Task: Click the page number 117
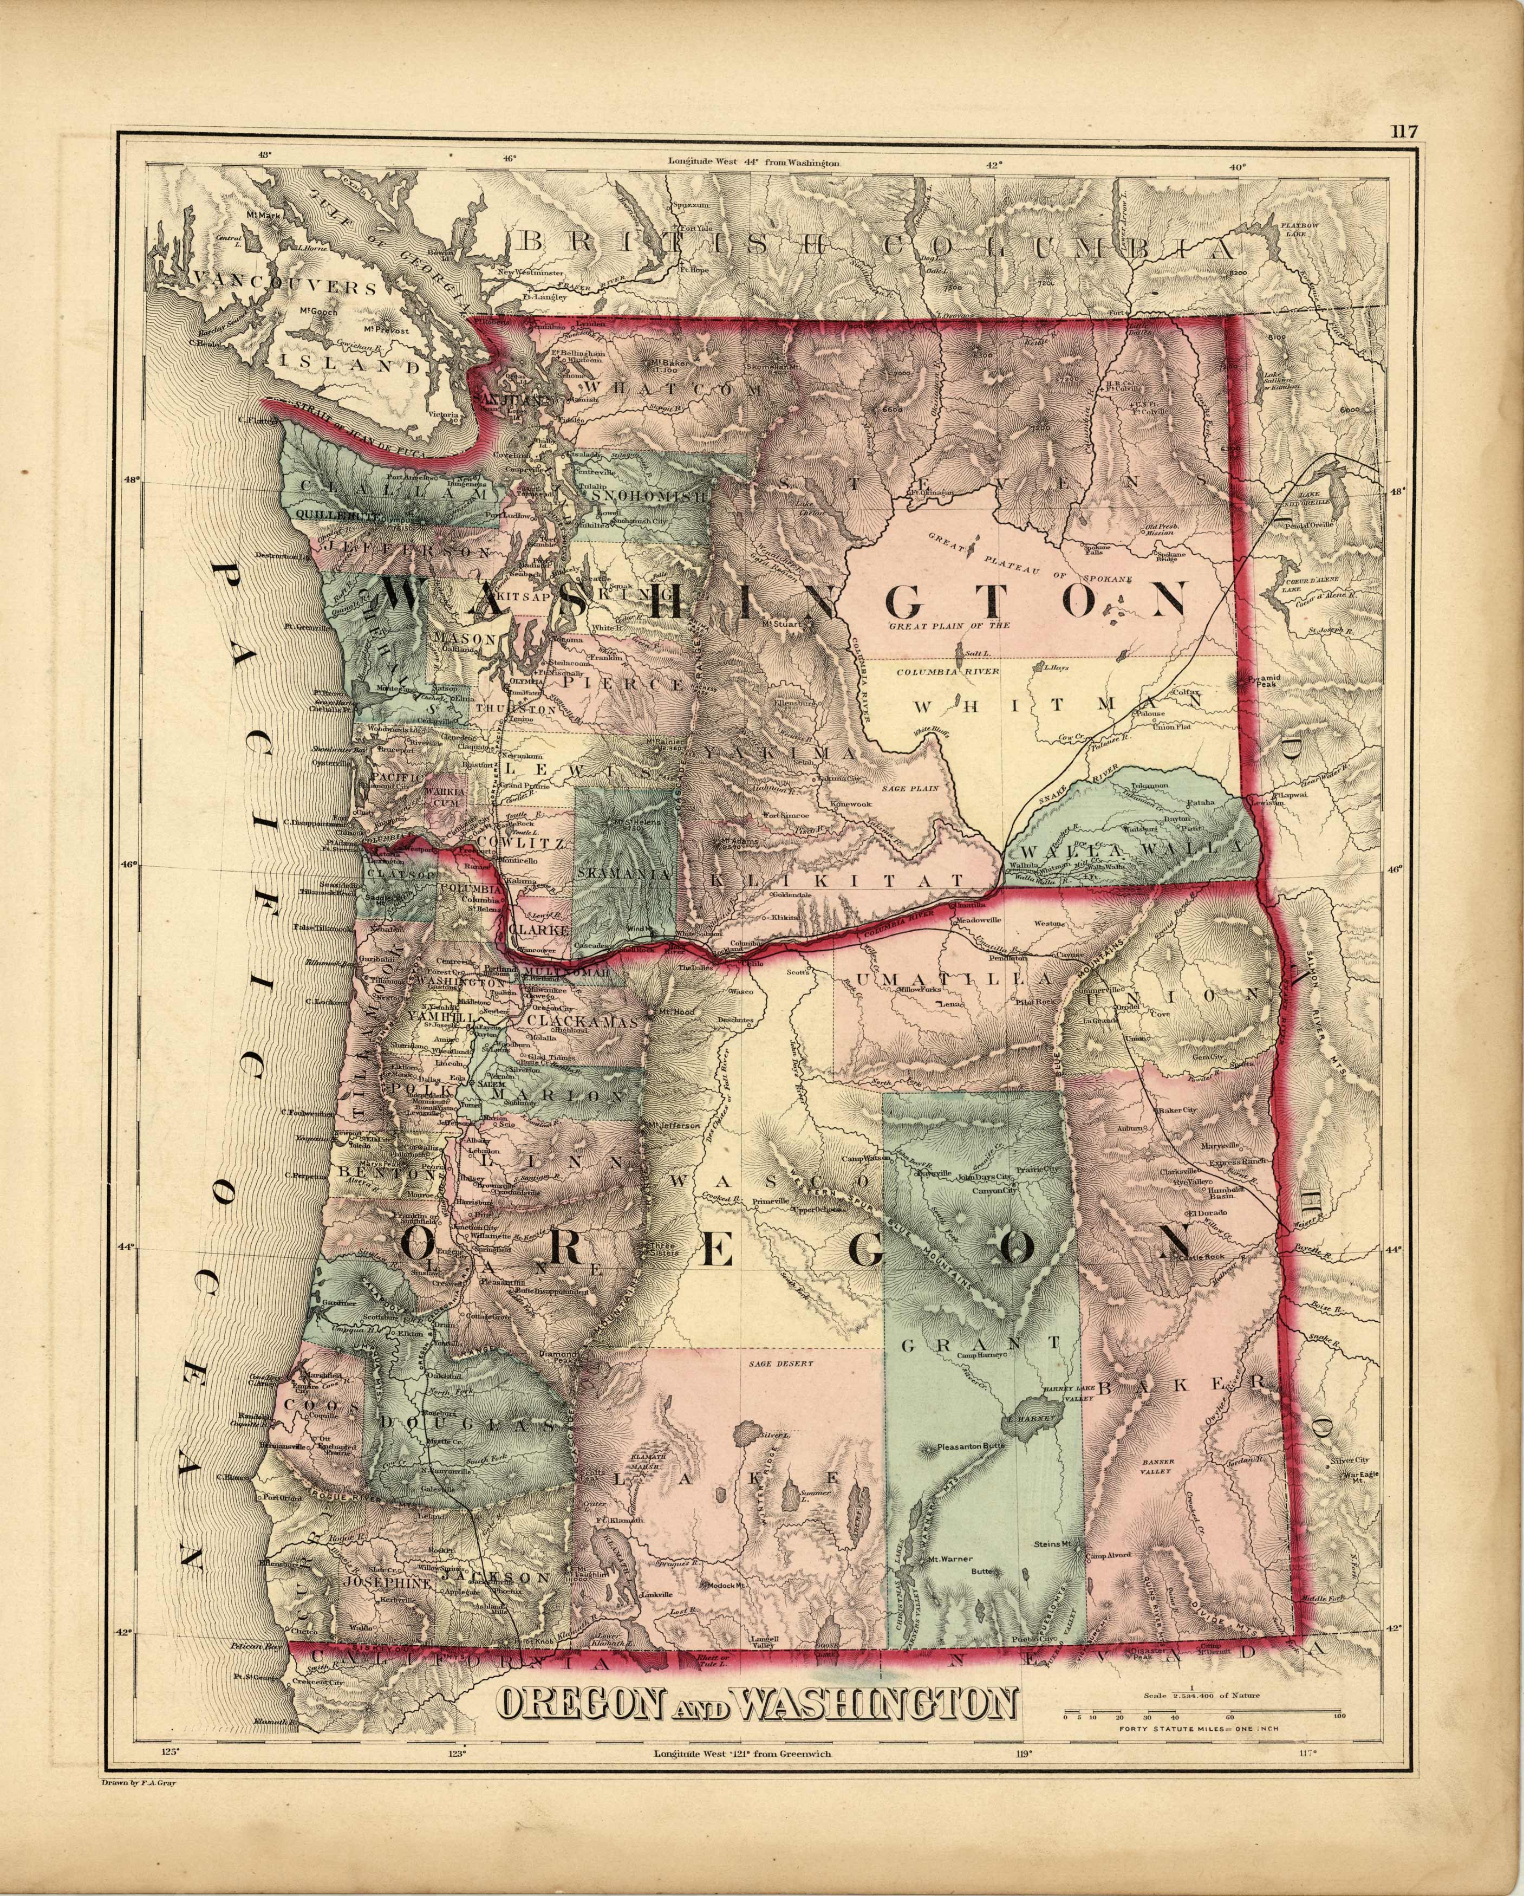(x=1404, y=132)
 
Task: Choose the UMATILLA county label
(x=954, y=979)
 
